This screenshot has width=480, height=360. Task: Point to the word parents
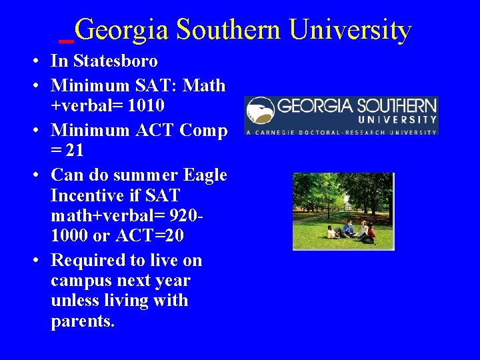pos(83,321)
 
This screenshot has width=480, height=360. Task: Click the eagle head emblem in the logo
pos(261,112)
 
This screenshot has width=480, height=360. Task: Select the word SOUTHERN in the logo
pos(397,106)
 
